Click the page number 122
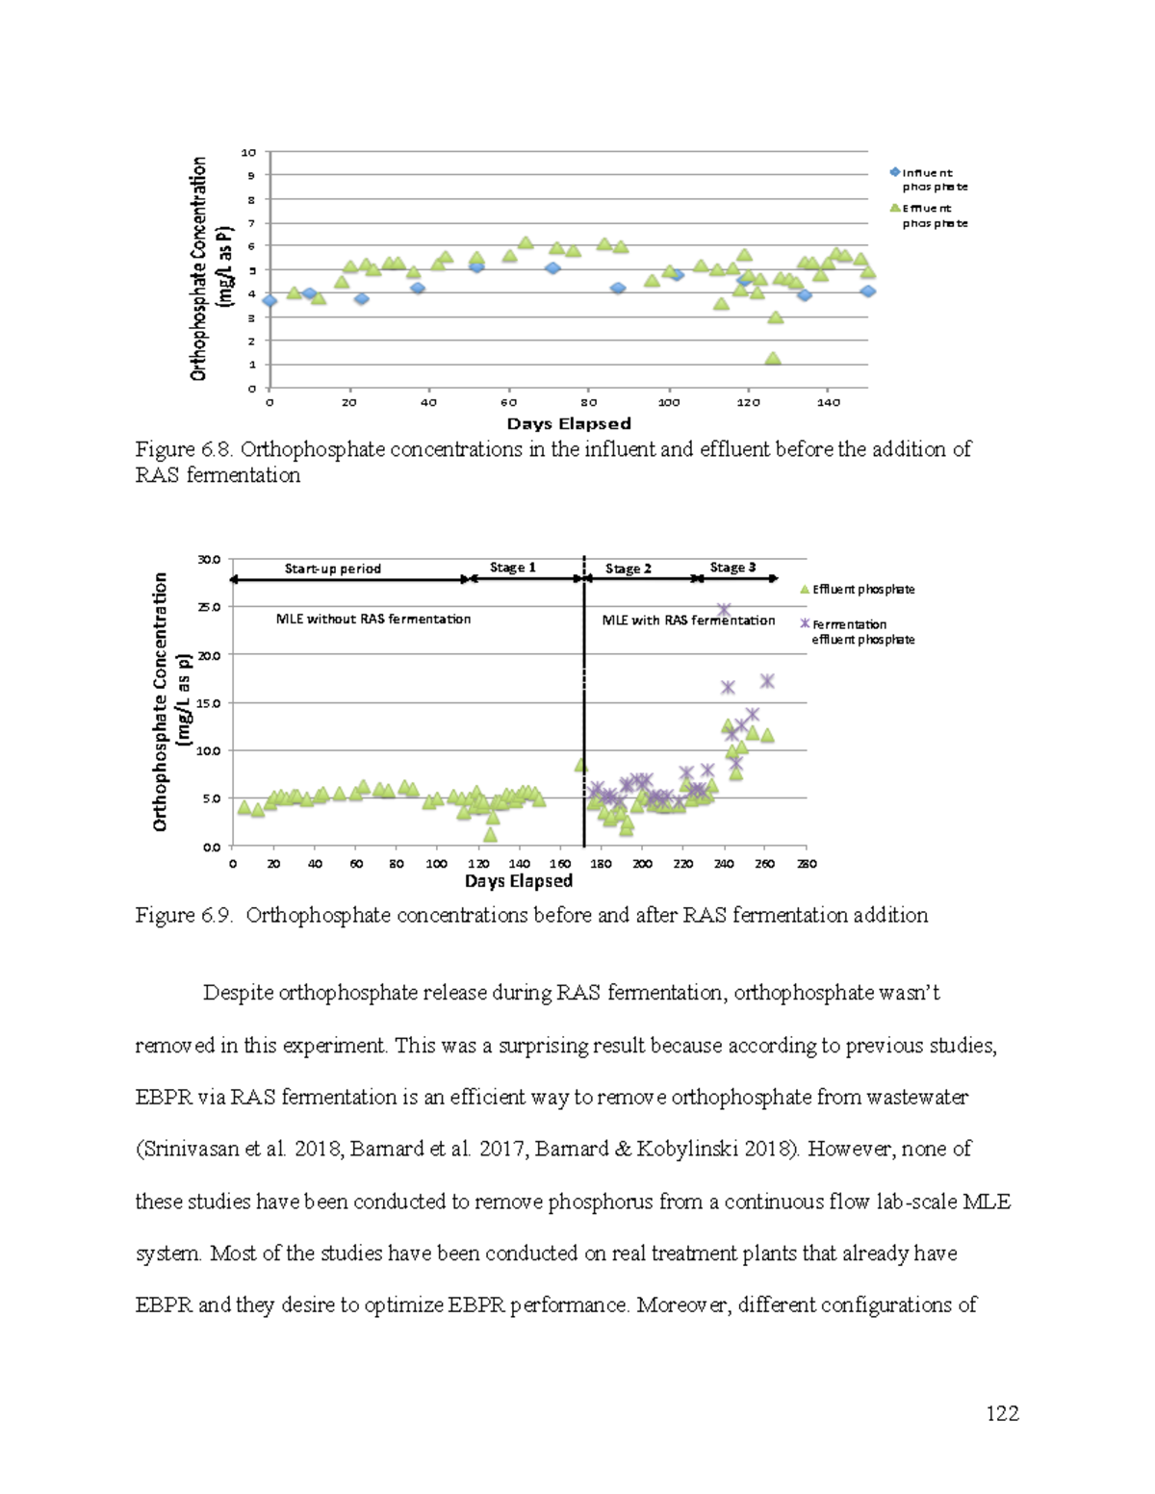[1002, 1413]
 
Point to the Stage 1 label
[512, 568]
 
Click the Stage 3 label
[732, 568]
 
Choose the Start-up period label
[332, 569]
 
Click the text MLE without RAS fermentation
[373, 620]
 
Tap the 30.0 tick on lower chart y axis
[209, 559]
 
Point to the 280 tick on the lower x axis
[807, 864]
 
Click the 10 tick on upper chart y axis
[249, 152]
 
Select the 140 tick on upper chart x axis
[828, 403]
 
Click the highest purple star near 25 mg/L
[724, 611]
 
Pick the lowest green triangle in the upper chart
[772, 359]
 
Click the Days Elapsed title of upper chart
[568, 424]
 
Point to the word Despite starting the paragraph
[237, 993]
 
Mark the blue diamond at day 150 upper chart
[867, 291]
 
